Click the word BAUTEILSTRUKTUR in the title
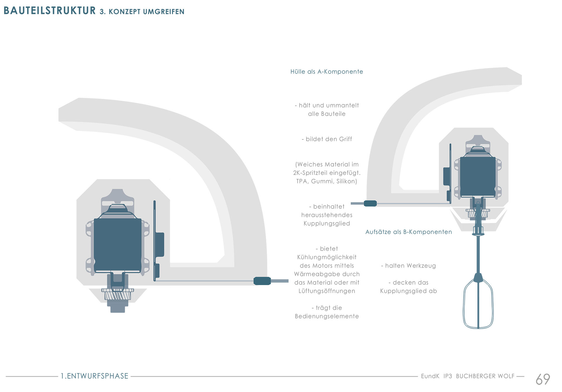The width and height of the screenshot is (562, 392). pyautogui.click(x=50, y=11)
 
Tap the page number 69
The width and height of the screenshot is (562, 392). pyautogui.click(x=543, y=379)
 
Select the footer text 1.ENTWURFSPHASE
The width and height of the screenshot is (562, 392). pyautogui.click(x=95, y=376)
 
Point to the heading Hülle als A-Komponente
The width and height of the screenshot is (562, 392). pyautogui.click(x=327, y=72)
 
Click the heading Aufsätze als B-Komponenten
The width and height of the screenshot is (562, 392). pyautogui.click(x=409, y=232)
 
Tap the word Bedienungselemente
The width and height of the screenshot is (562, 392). pyautogui.click(x=327, y=316)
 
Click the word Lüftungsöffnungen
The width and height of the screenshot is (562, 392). pyautogui.click(x=327, y=291)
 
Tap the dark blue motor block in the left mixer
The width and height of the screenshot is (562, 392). pyautogui.click(x=118, y=245)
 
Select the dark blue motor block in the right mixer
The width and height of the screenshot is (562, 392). pyautogui.click(x=478, y=177)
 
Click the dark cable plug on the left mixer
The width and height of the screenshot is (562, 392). pyautogui.click(x=262, y=281)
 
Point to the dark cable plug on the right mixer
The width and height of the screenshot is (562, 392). pyautogui.click(x=370, y=203)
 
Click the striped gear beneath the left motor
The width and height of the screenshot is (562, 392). pyautogui.click(x=118, y=295)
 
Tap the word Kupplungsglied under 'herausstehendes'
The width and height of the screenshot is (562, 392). pyautogui.click(x=327, y=224)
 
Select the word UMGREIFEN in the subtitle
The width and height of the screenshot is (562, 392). pyautogui.click(x=164, y=12)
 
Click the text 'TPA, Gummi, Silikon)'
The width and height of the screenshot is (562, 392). pyautogui.click(x=327, y=181)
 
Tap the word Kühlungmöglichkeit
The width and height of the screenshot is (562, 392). pyautogui.click(x=327, y=257)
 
